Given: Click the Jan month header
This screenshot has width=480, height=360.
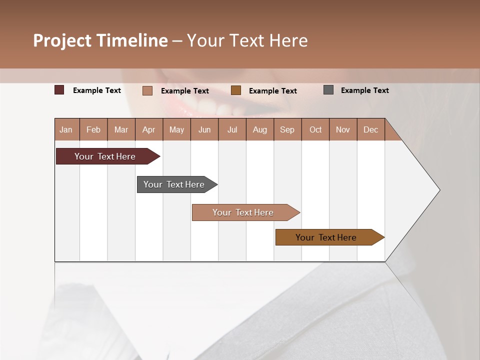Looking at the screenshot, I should point(66,129).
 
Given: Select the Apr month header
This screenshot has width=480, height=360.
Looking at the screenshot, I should point(148,129).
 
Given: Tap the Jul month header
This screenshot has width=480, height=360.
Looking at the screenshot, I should point(232,129).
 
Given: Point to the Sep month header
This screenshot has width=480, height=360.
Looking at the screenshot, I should point(287,129).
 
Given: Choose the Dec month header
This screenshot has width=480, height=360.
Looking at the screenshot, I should point(370,129).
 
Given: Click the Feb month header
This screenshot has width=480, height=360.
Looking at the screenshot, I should point(93,129).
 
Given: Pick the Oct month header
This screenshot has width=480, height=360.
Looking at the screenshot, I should point(315,129).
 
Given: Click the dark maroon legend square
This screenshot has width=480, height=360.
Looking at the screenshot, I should point(59,90).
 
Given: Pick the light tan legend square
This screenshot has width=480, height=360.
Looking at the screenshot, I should point(147,90).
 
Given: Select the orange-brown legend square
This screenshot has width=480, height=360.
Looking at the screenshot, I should point(236,90).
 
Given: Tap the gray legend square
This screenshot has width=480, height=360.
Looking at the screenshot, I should point(328,90).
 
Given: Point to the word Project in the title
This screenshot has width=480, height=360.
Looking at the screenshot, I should point(62,40).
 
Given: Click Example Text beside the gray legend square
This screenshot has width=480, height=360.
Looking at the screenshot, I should point(364,90).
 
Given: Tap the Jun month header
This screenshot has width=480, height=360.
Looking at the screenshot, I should point(204,129).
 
